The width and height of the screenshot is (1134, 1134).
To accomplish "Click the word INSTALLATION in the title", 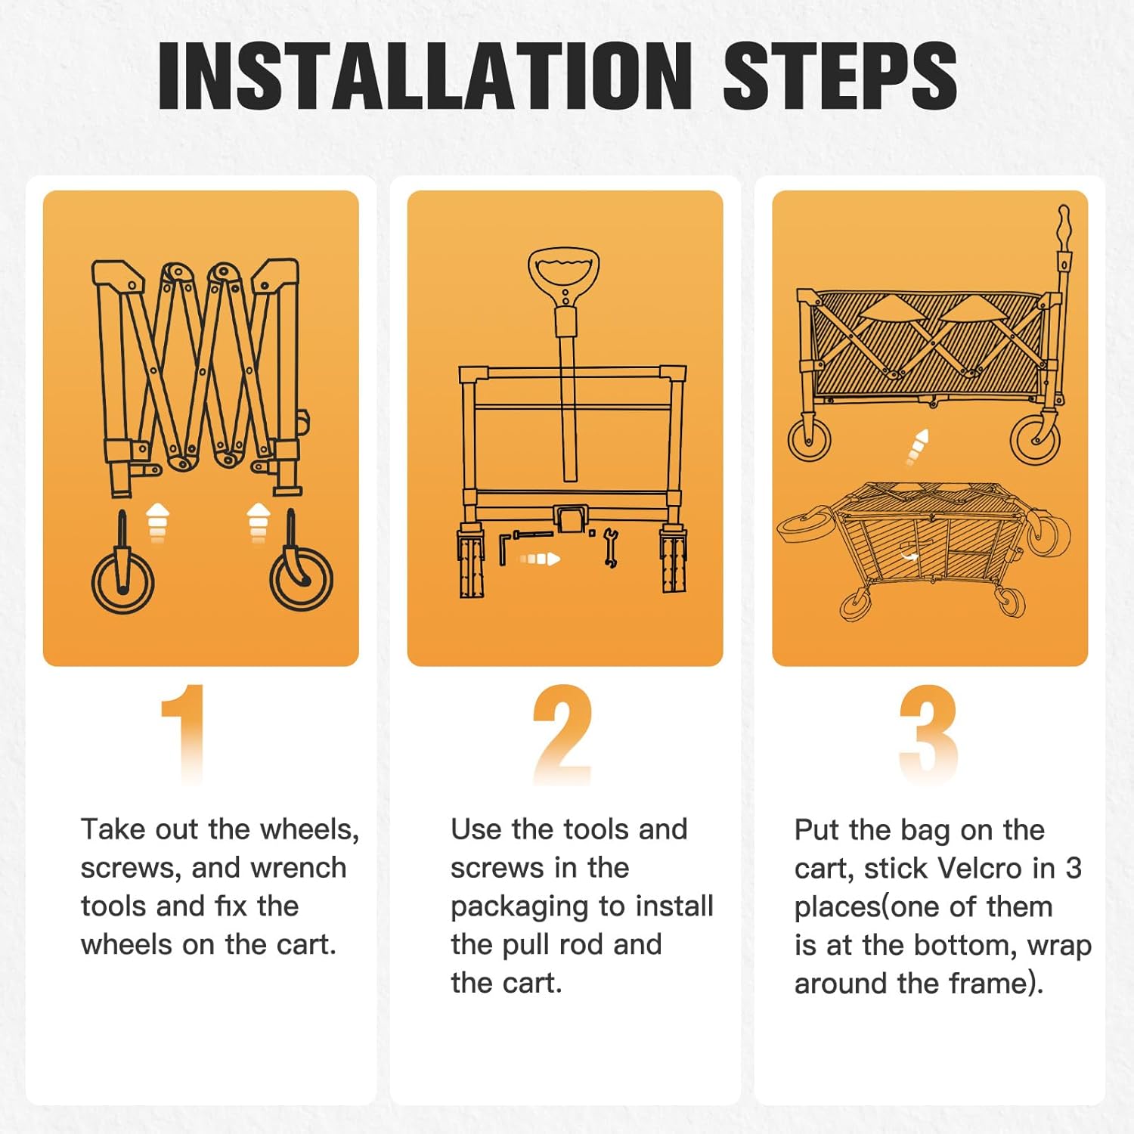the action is (425, 76).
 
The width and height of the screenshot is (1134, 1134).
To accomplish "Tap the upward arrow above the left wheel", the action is (156, 523).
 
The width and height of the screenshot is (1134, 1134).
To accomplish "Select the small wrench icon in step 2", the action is (610, 548).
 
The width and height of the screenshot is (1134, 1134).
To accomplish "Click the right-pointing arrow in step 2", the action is (540, 559).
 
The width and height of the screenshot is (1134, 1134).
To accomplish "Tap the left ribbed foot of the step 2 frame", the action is (471, 564).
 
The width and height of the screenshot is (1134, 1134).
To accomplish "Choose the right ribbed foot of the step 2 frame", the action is (674, 560).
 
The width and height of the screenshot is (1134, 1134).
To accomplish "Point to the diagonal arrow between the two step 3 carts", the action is (916, 448).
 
